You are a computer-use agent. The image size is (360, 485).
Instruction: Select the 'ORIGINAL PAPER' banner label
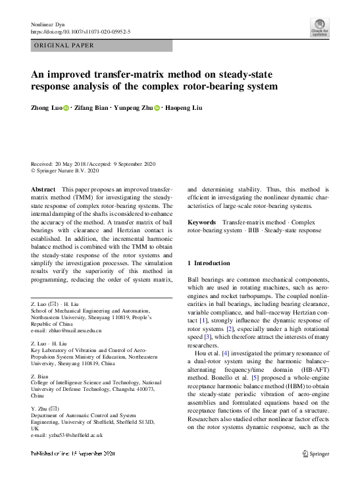(x=64, y=46)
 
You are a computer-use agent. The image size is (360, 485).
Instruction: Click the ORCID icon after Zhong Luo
(x=66, y=107)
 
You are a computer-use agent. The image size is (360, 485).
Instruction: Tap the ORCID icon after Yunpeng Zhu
(x=157, y=107)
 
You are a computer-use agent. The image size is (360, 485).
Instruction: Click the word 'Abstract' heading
(x=43, y=189)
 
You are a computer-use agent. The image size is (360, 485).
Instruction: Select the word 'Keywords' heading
(x=202, y=223)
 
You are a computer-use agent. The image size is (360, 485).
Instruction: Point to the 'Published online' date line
(x=73, y=454)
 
